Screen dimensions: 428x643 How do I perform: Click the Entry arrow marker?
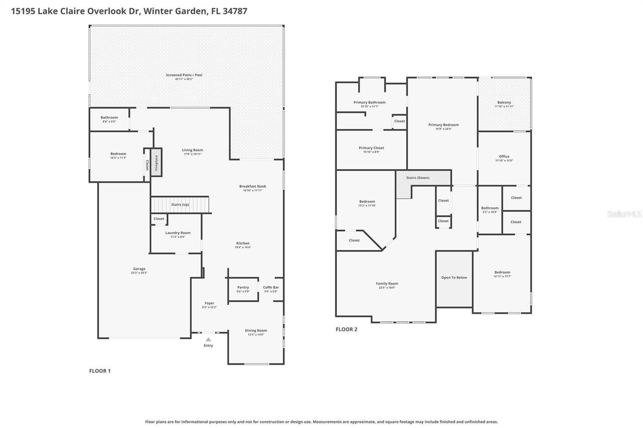tap(208, 340)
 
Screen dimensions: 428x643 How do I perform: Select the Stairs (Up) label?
tap(180, 205)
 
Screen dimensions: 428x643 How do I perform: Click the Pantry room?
tap(243, 290)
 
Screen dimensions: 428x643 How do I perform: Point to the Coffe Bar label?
tap(271, 288)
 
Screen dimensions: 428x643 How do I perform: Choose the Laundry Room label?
tap(178, 233)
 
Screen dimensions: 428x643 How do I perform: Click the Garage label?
tap(139, 269)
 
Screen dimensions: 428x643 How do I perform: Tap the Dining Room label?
tap(256, 331)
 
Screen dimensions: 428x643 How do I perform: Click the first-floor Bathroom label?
tap(109, 117)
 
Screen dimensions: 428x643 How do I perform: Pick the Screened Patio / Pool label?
tap(184, 75)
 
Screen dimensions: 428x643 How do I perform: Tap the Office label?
tap(504, 157)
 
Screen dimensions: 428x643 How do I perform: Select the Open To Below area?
tap(454, 278)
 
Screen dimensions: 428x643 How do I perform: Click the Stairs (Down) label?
tap(418, 178)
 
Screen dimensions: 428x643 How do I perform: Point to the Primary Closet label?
tap(372, 148)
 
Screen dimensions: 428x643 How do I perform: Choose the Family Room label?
tap(387, 283)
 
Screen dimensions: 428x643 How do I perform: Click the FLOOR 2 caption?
tap(346, 330)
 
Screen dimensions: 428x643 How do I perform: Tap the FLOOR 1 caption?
tap(99, 371)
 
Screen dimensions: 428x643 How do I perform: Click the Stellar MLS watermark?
tap(624, 214)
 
